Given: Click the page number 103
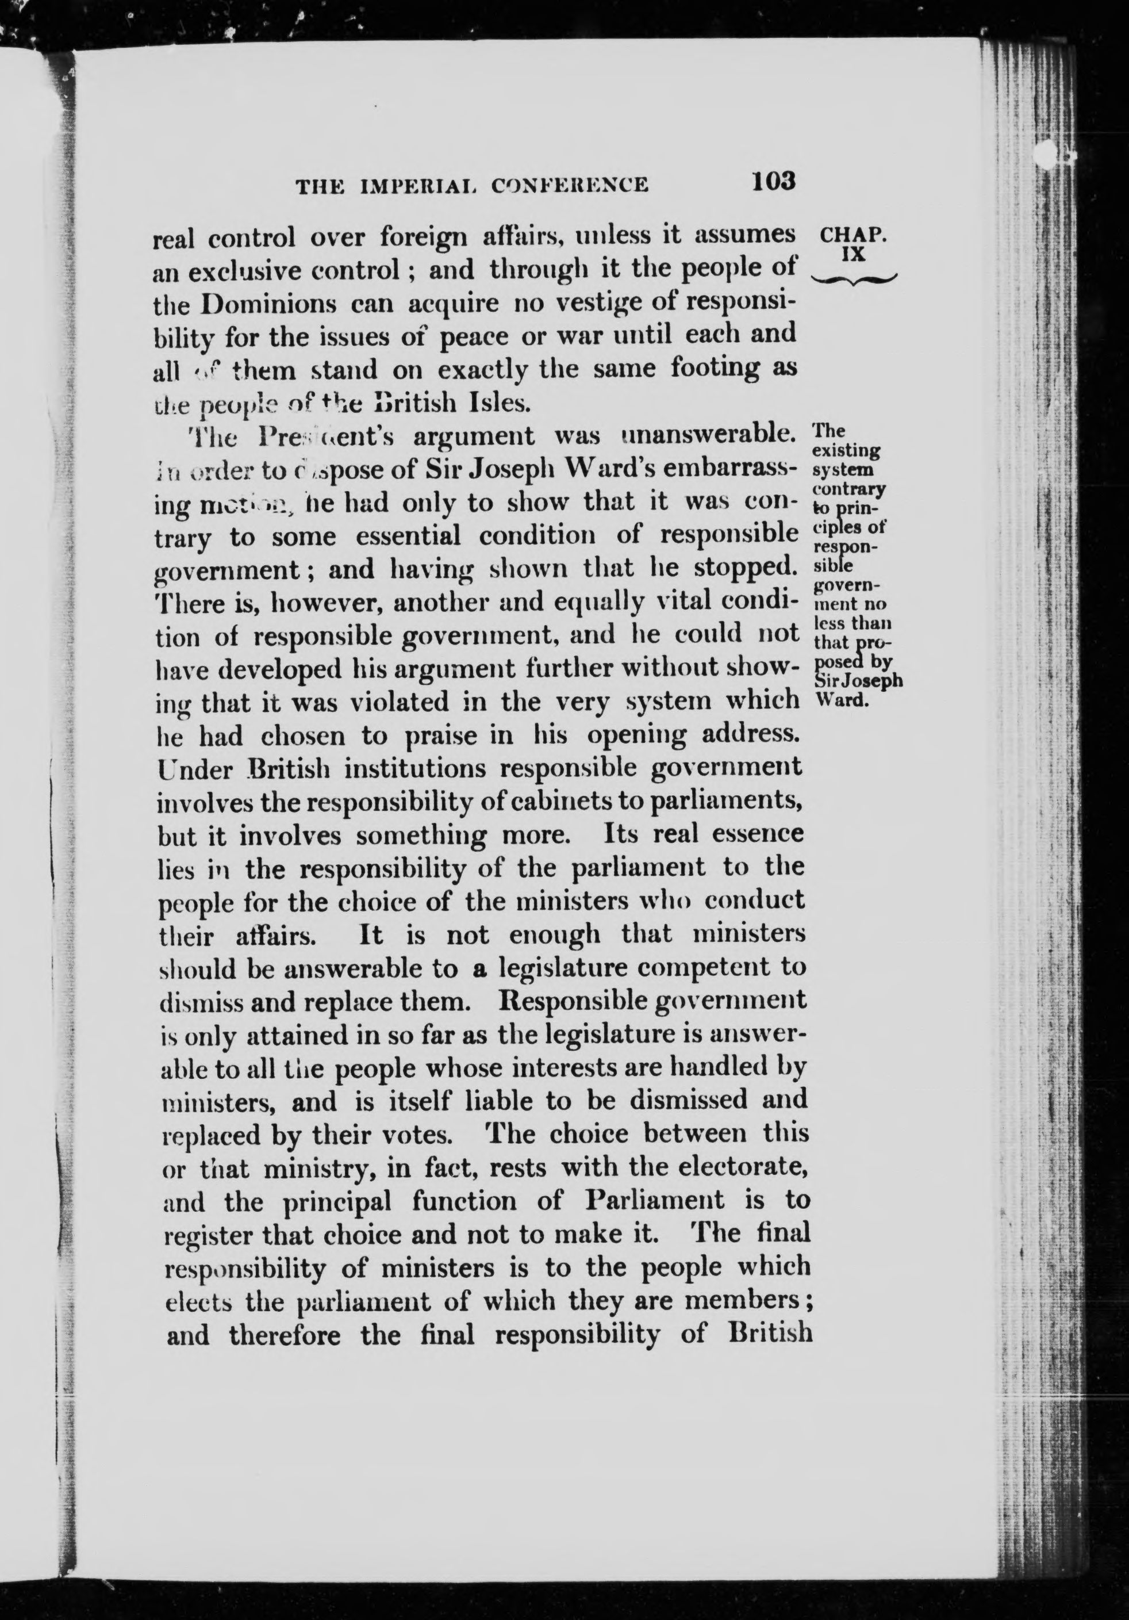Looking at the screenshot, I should pos(774,181).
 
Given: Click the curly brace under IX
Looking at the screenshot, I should pos(855,279).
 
